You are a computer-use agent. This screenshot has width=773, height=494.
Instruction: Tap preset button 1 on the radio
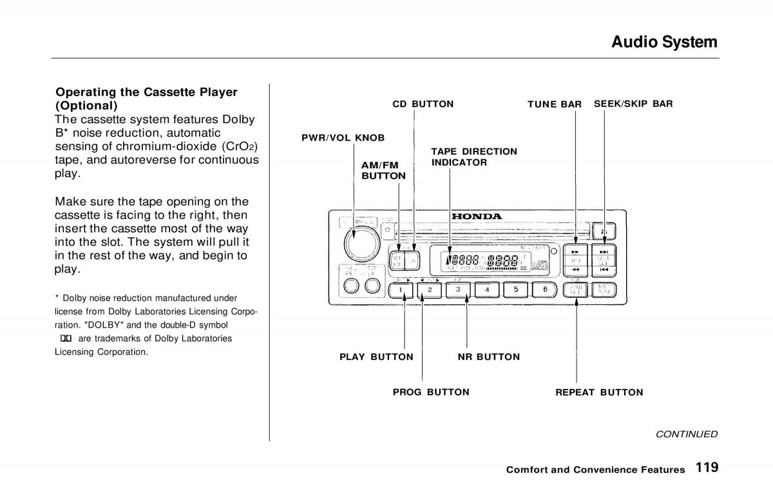tap(401, 290)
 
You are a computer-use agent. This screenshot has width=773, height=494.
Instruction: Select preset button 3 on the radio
tap(458, 290)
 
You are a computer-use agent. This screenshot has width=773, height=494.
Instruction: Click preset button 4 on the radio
tap(487, 290)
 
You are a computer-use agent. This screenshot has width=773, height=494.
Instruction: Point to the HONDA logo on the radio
tap(476, 216)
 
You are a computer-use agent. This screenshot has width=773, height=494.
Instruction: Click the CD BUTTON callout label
tap(423, 104)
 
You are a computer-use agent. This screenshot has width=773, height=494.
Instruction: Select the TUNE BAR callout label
tap(555, 104)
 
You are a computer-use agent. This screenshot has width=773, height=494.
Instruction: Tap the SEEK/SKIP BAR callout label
tap(633, 103)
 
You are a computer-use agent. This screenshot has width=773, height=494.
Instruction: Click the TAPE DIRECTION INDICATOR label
tap(473, 157)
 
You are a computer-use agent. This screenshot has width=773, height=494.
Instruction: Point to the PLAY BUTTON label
tap(376, 357)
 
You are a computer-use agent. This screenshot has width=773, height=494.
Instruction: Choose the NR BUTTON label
tap(488, 357)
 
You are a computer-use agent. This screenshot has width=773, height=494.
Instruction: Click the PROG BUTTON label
tap(431, 392)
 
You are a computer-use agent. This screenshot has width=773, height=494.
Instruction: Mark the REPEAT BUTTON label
tap(599, 392)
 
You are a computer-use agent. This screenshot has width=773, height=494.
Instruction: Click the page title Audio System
tap(664, 42)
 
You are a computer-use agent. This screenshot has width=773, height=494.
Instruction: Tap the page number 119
tap(707, 468)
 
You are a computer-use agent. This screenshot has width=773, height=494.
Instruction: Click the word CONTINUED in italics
tap(686, 434)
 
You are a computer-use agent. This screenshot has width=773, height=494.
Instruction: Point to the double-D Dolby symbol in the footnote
tap(64, 339)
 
